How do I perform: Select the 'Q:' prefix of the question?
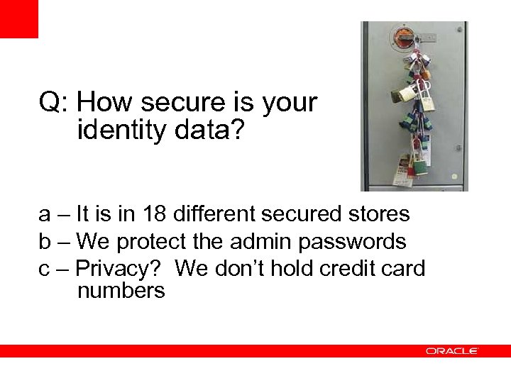pyautogui.click(x=53, y=102)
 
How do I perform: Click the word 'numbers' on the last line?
pyautogui.click(x=121, y=290)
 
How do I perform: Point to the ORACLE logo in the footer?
pyautogui.click(x=452, y=351)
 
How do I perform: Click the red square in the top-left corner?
pyautogui.click(x=18, y=18)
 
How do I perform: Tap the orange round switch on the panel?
pyautogui.click(x=405, y=35)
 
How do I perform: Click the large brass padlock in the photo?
pyautogui.click(x=410, y=91)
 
